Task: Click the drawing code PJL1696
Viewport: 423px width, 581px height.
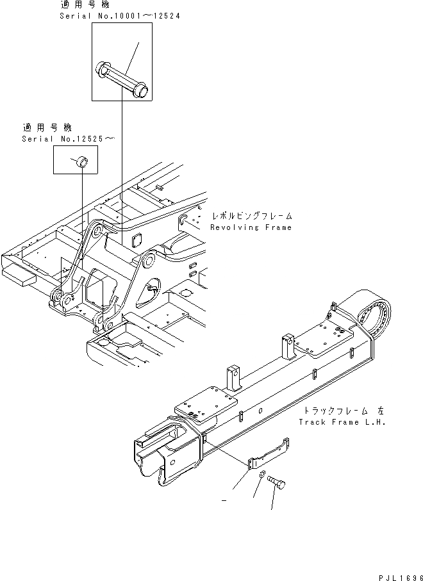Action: coord(395,575)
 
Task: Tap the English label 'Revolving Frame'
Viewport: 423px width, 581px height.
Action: coord(251,227)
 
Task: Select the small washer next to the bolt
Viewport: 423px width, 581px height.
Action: coord(262,475)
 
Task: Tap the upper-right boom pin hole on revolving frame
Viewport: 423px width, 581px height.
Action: coord(148,261)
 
